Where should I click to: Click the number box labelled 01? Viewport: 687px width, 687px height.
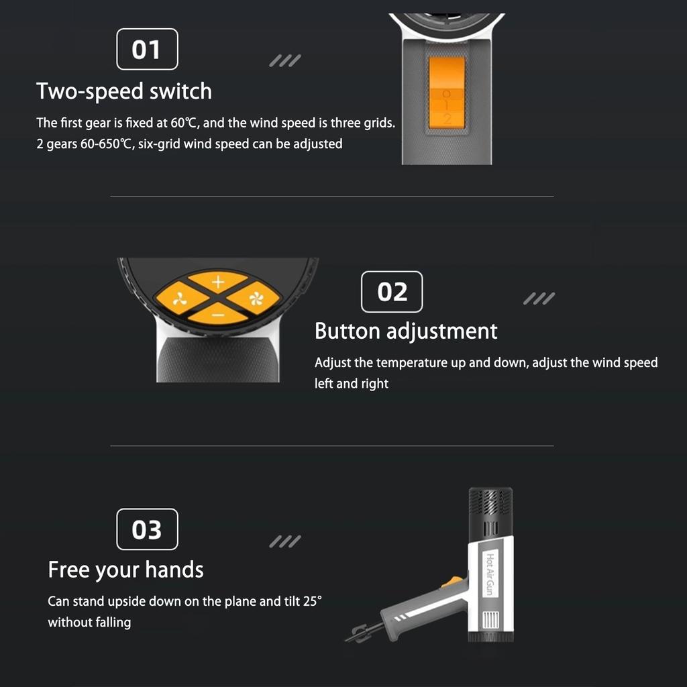147,50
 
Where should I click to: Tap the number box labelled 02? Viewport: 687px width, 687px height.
392,292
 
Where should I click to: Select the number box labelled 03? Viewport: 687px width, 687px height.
147,529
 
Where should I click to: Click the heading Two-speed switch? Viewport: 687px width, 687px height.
124,91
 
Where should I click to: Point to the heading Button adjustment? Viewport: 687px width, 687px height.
406,331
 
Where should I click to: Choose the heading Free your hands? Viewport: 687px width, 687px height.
125,570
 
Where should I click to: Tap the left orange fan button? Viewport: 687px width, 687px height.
179,298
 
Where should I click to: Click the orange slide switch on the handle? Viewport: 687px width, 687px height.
447,93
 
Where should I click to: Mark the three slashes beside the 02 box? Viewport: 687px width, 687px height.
539,299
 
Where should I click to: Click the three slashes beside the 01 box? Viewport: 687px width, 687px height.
284,61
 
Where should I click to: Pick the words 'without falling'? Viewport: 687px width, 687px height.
89,623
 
